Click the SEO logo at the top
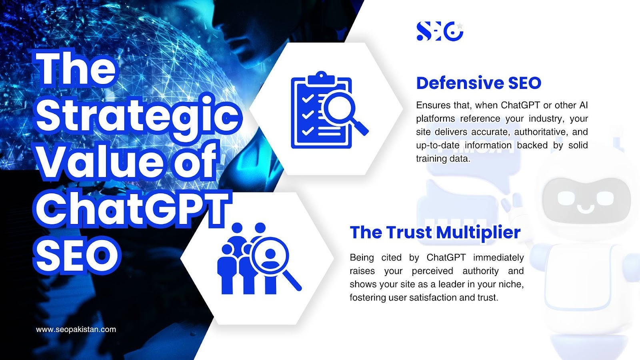coord(440,31)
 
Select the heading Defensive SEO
coord(478,83)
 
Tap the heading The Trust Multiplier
coord(435,232)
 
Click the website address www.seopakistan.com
coord(76,330)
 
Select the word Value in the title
coord(100,162)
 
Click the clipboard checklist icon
coord(322,110)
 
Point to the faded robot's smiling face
coord(586,200)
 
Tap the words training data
coord(443,158)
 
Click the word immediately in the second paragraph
coord(498,258)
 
